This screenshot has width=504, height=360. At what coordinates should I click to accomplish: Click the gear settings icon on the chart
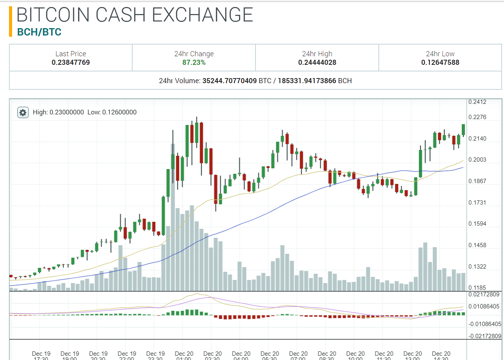pos(23,112)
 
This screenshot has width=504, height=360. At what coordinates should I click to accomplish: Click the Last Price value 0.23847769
pos(71,62)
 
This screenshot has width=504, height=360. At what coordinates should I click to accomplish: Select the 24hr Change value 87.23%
pos(194,62)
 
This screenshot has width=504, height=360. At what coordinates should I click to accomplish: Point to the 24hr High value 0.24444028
pos(317,62)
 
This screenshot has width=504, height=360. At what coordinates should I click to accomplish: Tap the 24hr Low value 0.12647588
pos(440,62)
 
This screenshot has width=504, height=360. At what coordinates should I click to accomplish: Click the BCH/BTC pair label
pos(39,32)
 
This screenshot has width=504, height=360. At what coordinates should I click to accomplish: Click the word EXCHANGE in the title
pos(202,14)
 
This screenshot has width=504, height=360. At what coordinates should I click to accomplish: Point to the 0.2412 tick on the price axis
pos(477,102)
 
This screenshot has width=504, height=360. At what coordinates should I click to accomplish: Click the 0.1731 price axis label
pos(477,202)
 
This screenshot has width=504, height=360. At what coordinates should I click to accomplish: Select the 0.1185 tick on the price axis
pos(477,287)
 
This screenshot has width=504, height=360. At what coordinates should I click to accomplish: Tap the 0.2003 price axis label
pos(477,160)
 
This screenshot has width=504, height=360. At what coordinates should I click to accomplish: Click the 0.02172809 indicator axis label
pos(484,294)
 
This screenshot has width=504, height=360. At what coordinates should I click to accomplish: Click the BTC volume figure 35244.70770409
pos(229,81)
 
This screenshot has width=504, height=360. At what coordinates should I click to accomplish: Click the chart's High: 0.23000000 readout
pos(59,112)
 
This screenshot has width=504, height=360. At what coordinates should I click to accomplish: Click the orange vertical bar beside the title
pos(11,21)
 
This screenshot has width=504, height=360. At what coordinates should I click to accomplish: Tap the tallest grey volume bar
pos(173,219)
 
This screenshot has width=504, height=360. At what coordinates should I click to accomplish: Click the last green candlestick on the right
pos(463,130)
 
